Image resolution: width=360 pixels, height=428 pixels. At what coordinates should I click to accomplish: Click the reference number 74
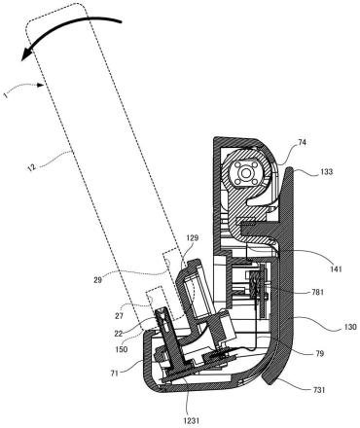point(302,142)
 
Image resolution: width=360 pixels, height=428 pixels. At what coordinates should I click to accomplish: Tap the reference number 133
point(326,171)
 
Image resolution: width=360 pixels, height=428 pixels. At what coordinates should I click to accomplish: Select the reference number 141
point(336,268)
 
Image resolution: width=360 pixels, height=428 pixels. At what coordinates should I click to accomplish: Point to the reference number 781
point(317,292)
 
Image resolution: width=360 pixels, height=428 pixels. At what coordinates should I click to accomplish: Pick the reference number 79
point(319,353)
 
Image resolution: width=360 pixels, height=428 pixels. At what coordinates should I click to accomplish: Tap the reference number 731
point(319,390)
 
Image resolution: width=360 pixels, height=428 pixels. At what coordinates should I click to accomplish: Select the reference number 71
point(115,373)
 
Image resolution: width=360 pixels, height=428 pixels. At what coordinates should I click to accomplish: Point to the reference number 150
point(121,349)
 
